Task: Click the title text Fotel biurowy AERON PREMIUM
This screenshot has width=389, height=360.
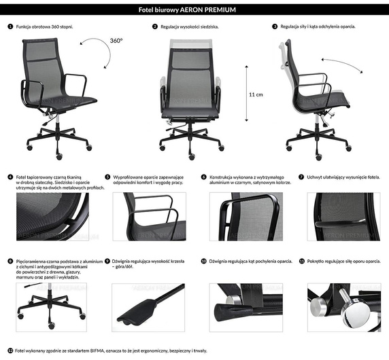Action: [194, 10]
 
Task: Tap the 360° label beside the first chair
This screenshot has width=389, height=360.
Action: [116, 41]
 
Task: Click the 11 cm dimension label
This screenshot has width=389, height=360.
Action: [255, 94]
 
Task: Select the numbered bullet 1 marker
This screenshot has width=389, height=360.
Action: [10, 26]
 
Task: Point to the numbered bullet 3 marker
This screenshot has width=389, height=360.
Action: [274, 26]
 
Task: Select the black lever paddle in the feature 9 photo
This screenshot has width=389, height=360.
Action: [139, 314]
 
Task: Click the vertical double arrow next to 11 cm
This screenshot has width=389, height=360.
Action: [246, 94]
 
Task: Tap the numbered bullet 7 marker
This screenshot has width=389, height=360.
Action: [301, 177]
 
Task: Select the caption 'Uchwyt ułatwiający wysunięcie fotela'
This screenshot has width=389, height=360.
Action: [343, 177]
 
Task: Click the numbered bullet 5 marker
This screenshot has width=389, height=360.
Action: [107, 177]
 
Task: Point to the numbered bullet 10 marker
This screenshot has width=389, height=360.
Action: [204, 261]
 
